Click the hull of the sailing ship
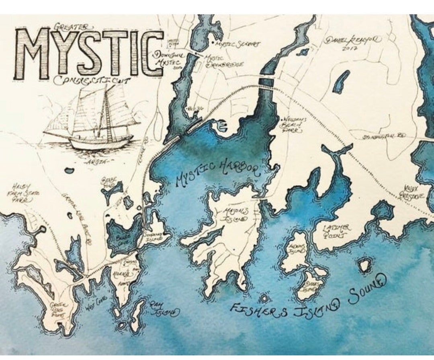click(x=100, y=142)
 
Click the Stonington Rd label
click(x=380, y=137)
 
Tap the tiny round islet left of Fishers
click(x=264, y=298)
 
